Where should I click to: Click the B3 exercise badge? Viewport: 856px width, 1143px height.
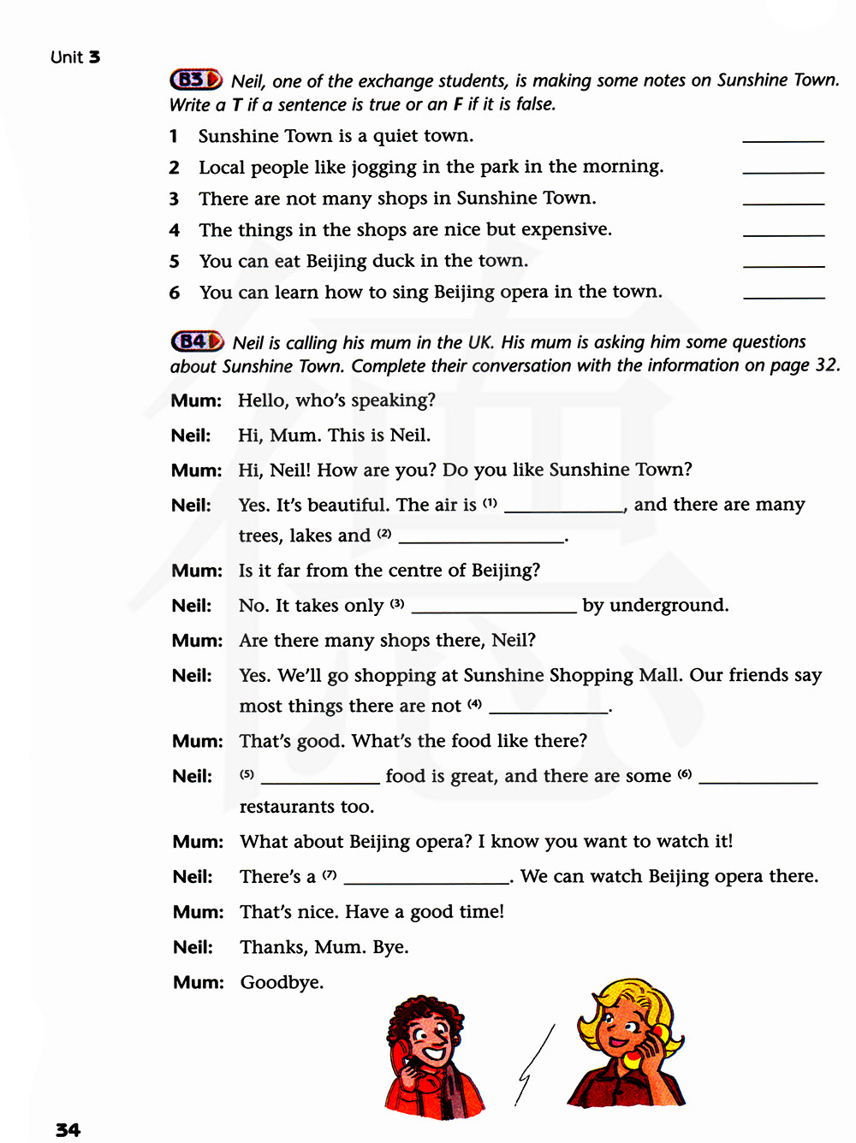click(196, 80)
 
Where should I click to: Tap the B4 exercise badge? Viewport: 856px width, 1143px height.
click(197, 341)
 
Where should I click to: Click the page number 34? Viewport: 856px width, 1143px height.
click(68, 1130)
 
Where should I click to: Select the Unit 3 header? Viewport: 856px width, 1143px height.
click(75, 57)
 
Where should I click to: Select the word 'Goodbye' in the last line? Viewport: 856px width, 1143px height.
click(281, 982)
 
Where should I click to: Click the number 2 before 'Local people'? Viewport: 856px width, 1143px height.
click(174, 168)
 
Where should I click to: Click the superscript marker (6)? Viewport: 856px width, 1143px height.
click(685, 774)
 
